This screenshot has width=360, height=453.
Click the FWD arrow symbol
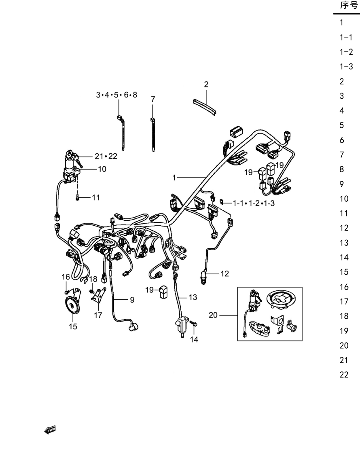pos(50,430)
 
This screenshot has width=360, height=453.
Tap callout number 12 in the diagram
pos(224,273)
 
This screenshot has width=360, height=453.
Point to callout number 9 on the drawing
pos(132,300)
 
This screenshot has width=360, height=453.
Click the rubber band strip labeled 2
pos(204,107)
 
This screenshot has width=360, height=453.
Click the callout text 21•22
pos(106,156)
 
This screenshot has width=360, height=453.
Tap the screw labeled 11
pos(77,198)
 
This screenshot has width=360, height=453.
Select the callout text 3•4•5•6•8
pos(117,95)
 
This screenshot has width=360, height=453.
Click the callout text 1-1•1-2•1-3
pos(254,203)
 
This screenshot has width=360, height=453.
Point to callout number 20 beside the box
pos(213,315)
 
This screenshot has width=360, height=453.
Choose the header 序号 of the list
pos(349,5)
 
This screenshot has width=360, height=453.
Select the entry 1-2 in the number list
pos(346,52)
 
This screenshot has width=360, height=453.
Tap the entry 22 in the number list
pos(344,375)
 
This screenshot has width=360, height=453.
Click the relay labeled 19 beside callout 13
pos(164,292)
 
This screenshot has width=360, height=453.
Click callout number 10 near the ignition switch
pos(102,169)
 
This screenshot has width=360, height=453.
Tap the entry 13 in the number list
pos(344,243)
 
